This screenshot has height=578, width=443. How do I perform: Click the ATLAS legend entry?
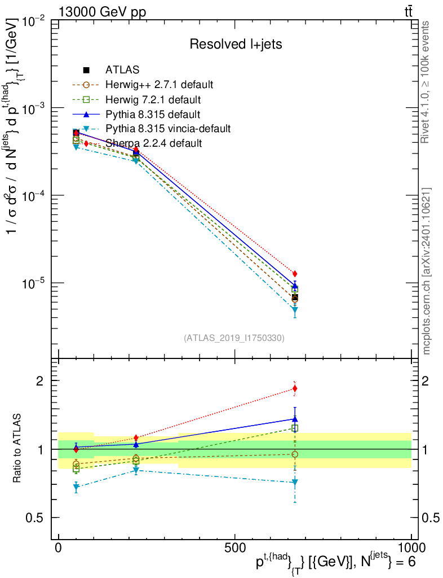pos(122,70)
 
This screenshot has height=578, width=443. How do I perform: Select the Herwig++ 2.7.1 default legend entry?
pos(159,85)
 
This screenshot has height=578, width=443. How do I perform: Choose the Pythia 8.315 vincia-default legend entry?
pos(168,129)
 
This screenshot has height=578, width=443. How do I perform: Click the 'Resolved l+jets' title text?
pos(236,43)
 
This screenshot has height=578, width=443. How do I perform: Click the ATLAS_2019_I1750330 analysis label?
pos(234,338)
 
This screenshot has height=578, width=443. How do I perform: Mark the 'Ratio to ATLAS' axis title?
pos(18,449)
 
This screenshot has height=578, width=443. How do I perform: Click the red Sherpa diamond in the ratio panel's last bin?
pos(295,388)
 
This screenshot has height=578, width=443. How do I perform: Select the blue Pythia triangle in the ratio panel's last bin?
pos(295,418)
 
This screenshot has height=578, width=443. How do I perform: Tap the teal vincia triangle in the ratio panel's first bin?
pos(76,488)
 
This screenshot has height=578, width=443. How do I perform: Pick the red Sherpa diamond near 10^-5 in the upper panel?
pos(295,274)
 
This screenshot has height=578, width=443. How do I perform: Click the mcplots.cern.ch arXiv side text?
pos(427,271)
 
